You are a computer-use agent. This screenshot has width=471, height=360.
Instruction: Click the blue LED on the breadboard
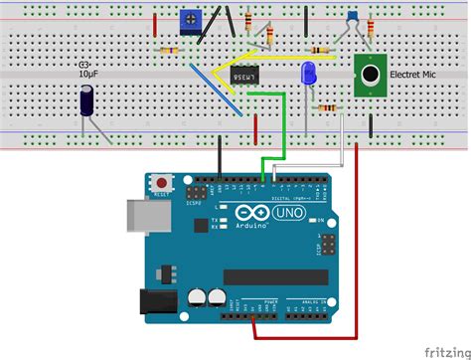(x=308, y=73)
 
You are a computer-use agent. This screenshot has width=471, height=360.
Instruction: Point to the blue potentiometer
(x=189, y=19)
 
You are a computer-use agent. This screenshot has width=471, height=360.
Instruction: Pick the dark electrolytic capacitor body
(x=87, y=102)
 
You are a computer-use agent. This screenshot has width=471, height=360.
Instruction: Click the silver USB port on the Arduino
(x=135, y=217)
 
